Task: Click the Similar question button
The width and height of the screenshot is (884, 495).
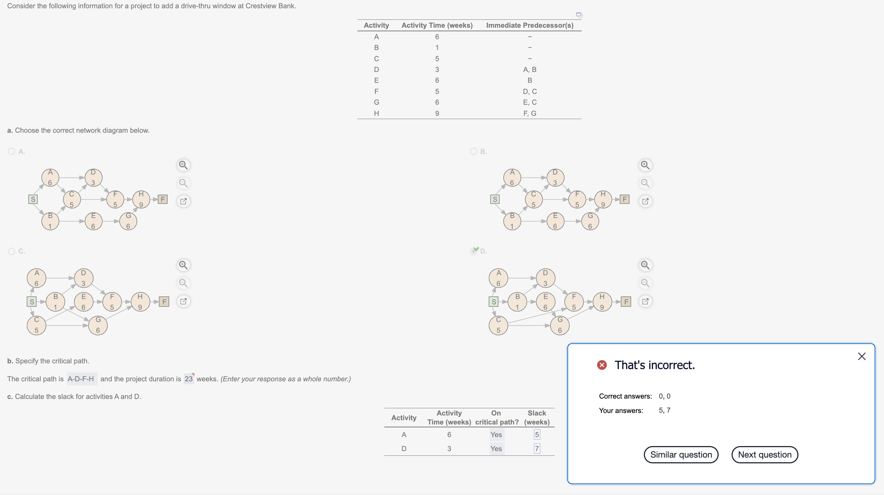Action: coord(681,455)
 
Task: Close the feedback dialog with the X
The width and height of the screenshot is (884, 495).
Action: coord(861,357)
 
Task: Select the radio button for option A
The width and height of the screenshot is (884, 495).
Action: coord(12,151)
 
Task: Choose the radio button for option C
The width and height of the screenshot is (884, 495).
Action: coord(12,251)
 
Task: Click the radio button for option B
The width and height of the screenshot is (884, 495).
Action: coord(473,151)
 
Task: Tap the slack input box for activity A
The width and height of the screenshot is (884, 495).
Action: coord(537,435)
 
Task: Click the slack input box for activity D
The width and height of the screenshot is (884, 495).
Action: coord(537,449)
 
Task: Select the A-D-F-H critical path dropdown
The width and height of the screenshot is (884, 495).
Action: coord(81,379)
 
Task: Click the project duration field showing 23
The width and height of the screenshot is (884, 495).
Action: coord(189,379)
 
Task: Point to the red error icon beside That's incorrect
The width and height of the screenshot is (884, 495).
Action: coord(602,365)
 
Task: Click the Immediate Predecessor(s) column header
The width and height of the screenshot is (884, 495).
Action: coord(530,25)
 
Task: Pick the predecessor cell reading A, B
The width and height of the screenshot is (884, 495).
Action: coord(530,69)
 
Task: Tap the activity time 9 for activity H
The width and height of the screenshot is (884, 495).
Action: coord(437,113)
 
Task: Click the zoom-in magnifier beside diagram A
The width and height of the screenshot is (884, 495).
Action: coord(183,165)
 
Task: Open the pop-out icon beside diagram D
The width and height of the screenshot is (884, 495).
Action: coord(645,301)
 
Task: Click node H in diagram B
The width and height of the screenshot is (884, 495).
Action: coord(603,199)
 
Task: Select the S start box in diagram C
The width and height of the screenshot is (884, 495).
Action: coord(32,301)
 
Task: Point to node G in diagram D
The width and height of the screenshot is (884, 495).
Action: coord(560,325)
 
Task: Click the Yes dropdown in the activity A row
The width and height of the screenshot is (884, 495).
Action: coord(496,435)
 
